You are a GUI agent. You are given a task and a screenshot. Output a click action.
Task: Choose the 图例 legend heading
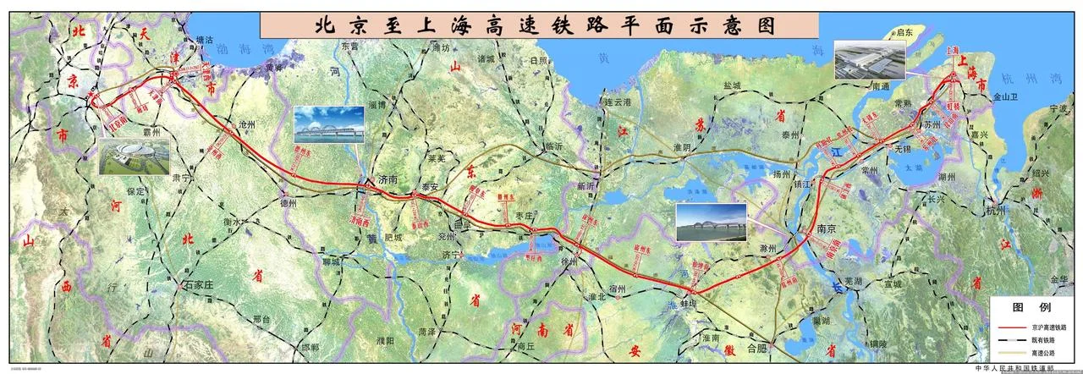pyautogui.click(x=1032, y=306)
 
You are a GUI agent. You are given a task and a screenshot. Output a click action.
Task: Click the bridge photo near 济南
pyautogui.click(x=329, y=125)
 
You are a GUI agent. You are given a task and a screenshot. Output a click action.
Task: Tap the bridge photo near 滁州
pyautogui.click(x=711, y=222)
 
